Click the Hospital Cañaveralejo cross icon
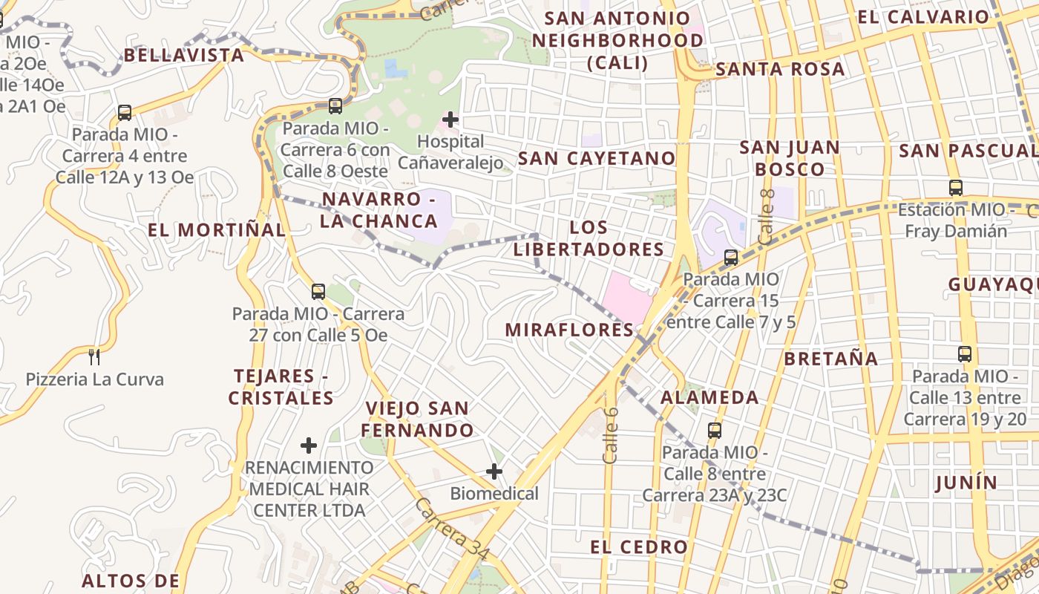coord(450,119)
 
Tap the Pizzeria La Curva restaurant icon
coord(94,357)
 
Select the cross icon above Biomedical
coord(494,471)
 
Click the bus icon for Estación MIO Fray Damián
coord(956,188)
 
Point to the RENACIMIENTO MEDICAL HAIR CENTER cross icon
coord(309,446)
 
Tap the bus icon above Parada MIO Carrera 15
coord(731,258)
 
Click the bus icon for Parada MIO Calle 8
coord(715,430)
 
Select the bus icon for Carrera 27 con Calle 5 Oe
coord(318,292)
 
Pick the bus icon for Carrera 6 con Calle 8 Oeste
coord(335,106)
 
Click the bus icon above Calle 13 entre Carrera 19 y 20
coord(965,354)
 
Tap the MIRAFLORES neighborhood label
coord(570,330)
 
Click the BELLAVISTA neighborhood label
coord(184,55)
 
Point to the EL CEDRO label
coord(639,547)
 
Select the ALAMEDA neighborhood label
coord(709,397)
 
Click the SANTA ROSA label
coord(780,70)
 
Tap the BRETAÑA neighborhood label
coord(831,359)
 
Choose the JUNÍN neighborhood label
coord(966,483)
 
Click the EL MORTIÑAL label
coord(217,229)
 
